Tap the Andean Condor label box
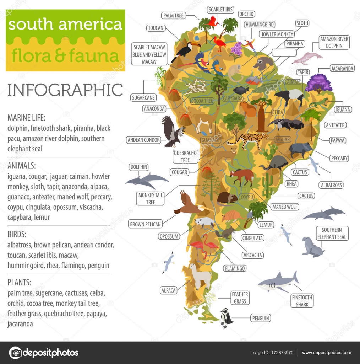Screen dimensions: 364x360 click(x=143, y=140)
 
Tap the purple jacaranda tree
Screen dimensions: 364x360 click(x=318, y=83)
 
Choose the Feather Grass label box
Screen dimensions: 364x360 click(x=240, y=298)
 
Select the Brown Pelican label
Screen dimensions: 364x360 click(x=146, y=224)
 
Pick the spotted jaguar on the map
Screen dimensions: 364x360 click(x=248, y=140)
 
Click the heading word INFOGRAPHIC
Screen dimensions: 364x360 click(x=65, y=90)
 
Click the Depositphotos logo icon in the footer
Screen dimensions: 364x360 click(x=15, y=353)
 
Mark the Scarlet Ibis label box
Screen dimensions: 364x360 click(x=221, y=10)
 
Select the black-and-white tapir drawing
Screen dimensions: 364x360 click(x=288, y=96)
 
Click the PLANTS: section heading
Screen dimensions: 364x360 click(x=19, y=283)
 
